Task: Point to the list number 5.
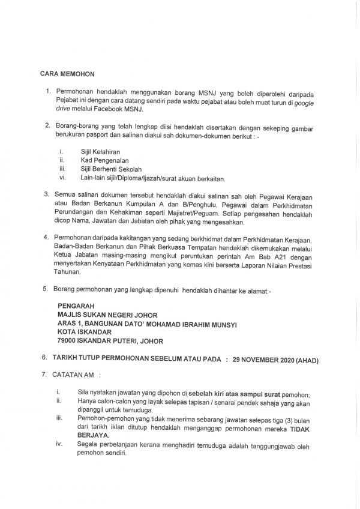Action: pyautogui.click(x=45, y=289)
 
